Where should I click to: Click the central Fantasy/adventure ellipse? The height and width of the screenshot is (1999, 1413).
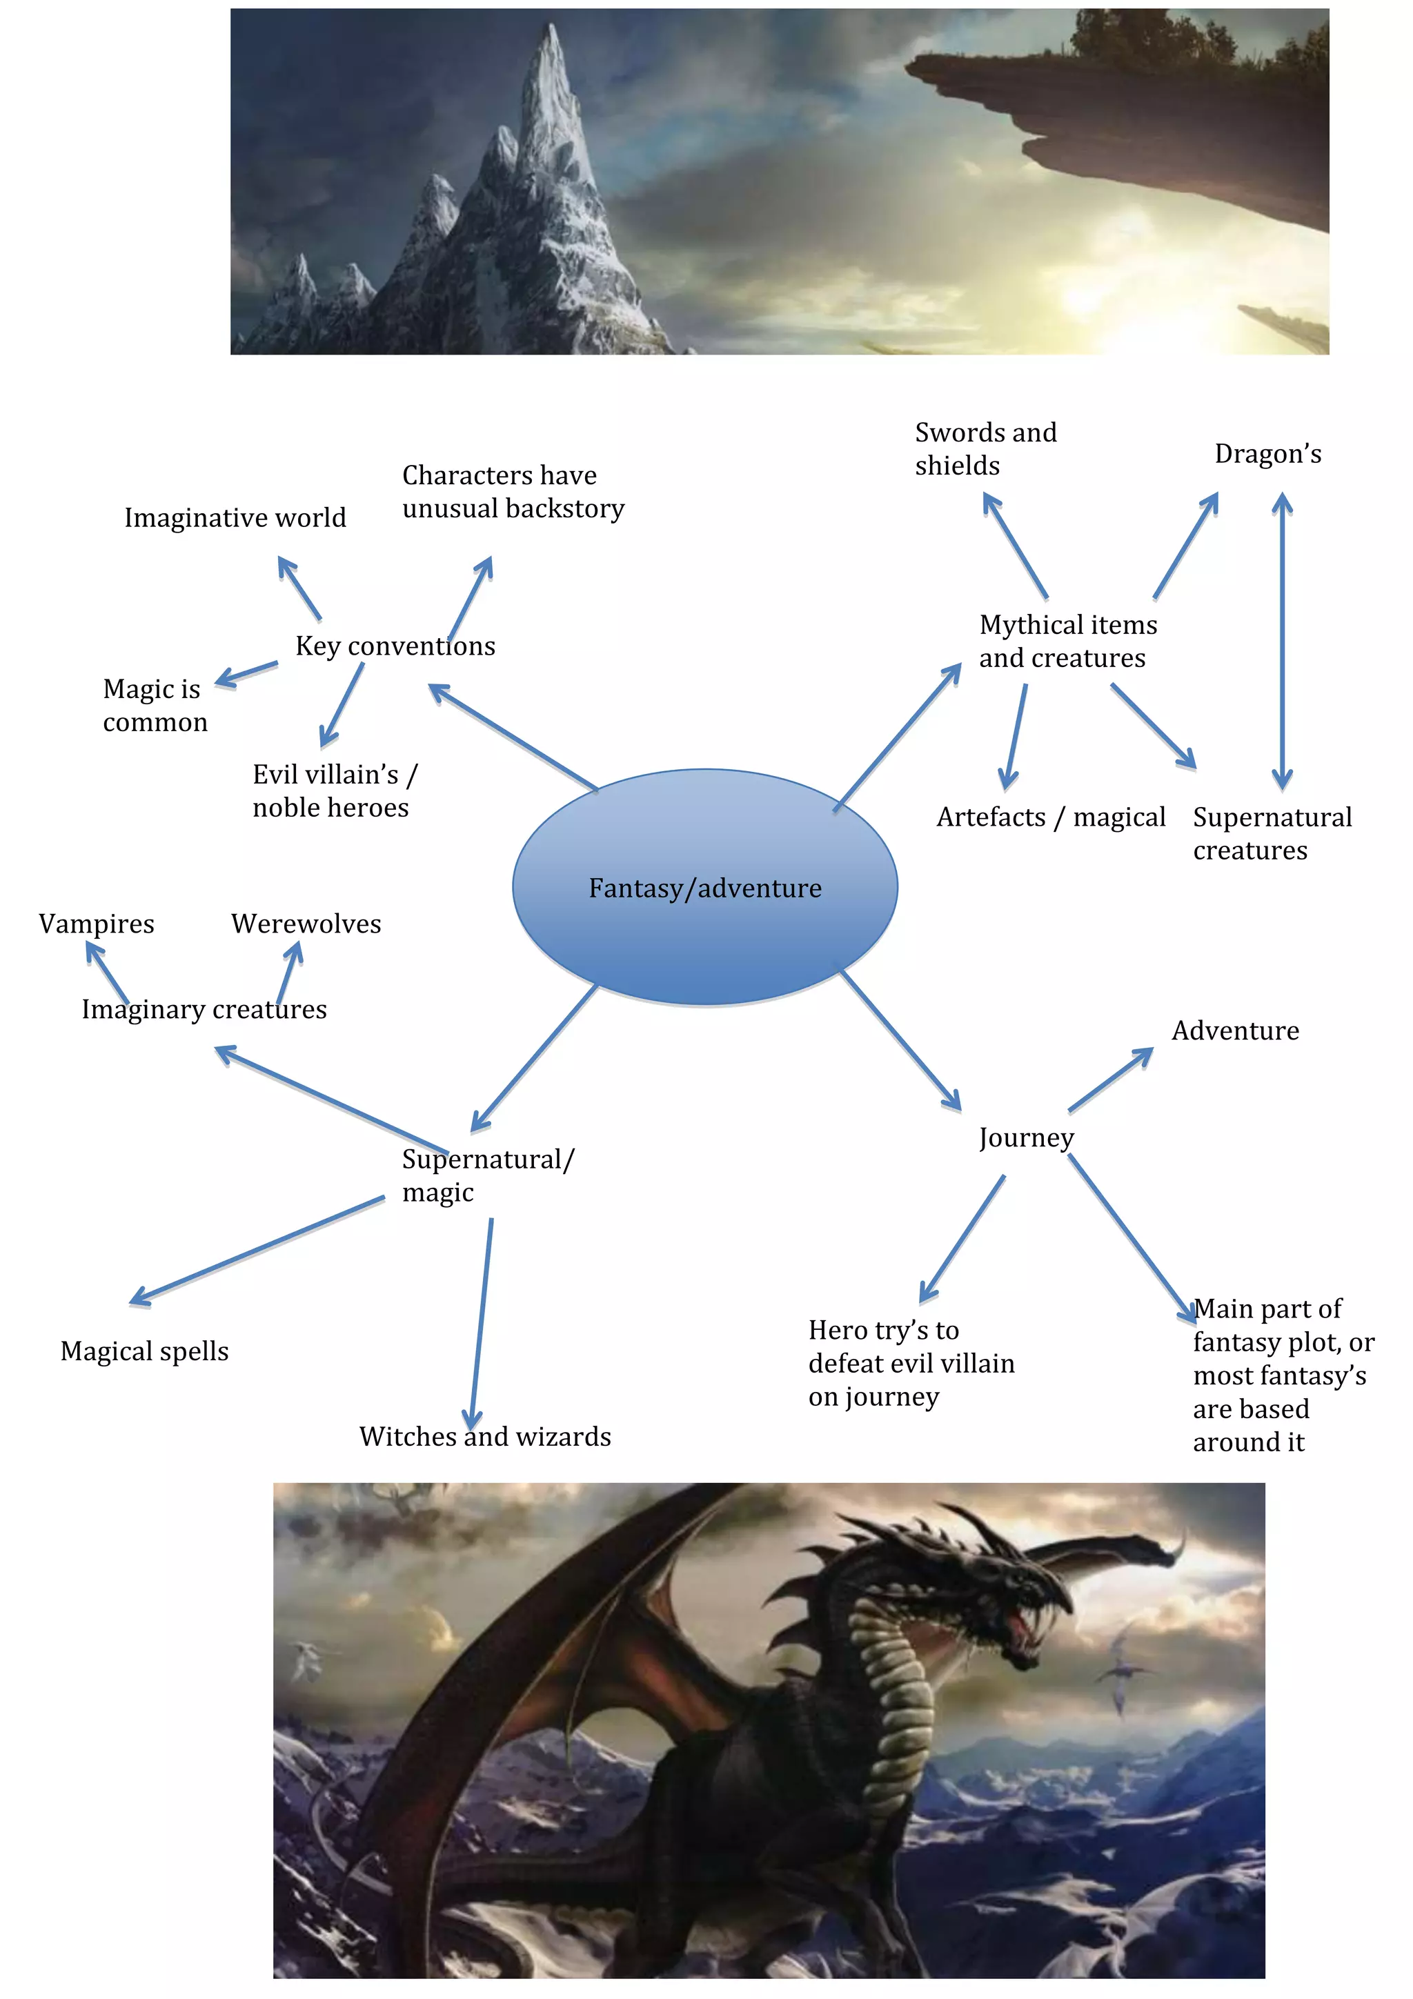[704, 887]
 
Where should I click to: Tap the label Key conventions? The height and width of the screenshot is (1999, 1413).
[395, 646]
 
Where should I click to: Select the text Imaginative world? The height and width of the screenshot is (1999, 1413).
[235, 518]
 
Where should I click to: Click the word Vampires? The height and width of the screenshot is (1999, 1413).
[97, 924]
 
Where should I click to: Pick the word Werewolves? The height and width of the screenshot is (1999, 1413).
[306, 924]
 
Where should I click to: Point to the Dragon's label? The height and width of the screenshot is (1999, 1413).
[1267, 455]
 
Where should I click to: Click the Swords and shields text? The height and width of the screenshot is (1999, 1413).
[985, 449]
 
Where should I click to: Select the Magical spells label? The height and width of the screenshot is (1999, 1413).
[144, 1351]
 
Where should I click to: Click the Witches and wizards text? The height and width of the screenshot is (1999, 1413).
[485, 1437]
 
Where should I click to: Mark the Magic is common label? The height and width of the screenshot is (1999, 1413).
[154, 705]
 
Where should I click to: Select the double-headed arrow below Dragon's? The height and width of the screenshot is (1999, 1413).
[1281, 640]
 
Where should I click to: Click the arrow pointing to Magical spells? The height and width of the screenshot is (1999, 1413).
[257, 1251]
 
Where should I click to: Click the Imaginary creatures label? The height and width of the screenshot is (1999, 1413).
[204, 1009]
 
